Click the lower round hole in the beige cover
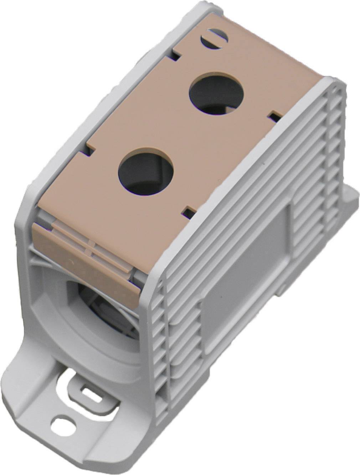point(146,172)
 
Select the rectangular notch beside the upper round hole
point(274,116)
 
